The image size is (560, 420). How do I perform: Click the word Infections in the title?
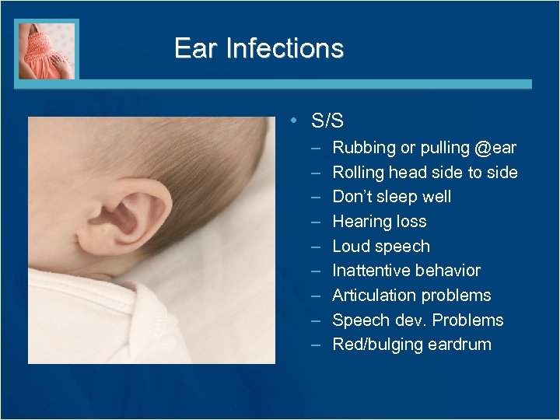pos(284,48)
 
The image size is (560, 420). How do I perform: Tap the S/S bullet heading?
pos(327,121)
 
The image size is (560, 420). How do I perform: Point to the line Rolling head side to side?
pos(425,172)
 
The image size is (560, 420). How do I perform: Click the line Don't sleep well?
pos(391,197)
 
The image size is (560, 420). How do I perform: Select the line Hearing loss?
pos(379,222)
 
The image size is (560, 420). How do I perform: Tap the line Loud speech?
pos(380,247)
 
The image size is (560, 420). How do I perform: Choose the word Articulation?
pos(374,296)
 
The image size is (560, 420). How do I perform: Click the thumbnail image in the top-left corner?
pos(47,50)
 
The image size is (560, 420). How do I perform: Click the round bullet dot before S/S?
pos(290,121)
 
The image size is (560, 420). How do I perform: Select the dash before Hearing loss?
pos(315,222)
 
